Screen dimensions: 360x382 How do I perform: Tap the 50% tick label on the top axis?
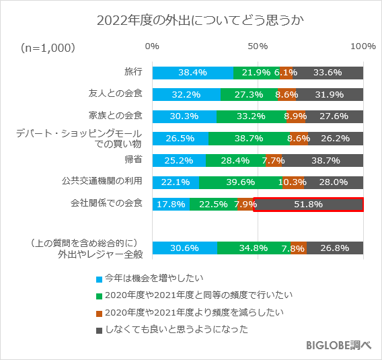tap(258, 46)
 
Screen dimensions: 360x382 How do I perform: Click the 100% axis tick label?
tap(363, 46)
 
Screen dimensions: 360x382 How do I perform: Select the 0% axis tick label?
tap(153, 46)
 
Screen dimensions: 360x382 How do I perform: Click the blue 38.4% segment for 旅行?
tap(193, 73)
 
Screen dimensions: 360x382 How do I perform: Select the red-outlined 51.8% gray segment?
tap(309, 204)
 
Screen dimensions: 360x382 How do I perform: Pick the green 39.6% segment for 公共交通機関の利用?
tap(240, 182)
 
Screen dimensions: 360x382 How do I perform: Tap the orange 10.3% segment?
tap(293, 182)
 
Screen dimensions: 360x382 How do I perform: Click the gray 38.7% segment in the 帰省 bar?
tap(322, 160)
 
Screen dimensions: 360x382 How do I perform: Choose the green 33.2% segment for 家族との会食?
tap(252, 116)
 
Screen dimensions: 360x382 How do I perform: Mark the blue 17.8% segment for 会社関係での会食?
tap(171, 204)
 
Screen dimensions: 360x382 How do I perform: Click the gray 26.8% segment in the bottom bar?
tap(335, 248)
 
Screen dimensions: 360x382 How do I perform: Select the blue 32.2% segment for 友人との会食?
tap(186, 94)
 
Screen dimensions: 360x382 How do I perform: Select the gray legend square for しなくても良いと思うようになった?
tap(99, 330)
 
